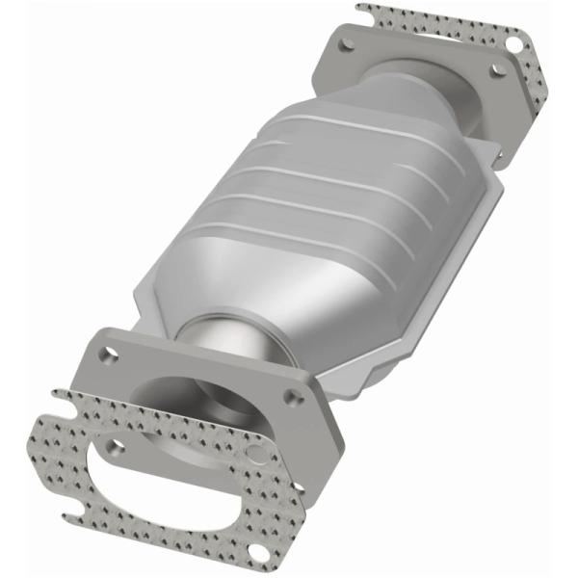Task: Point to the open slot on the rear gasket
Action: [367, 13]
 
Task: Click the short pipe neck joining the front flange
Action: [217, 342]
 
